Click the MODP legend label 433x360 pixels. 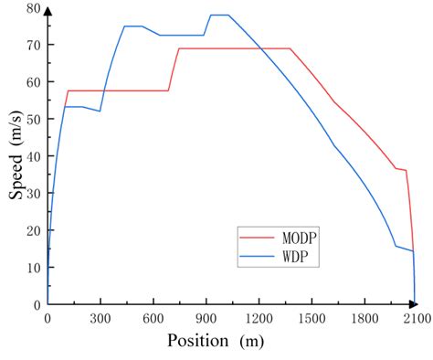coord(299,238)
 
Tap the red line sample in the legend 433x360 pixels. coord(258,238)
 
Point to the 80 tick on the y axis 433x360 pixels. coord(34,8)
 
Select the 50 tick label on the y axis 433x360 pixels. coord(34,119)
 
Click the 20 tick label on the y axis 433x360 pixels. coord(34,230)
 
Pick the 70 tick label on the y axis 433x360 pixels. coord(34,45)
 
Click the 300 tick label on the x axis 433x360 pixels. coord(100,319)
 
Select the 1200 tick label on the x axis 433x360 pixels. coord(259,319)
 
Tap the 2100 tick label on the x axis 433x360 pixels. coord(417,319)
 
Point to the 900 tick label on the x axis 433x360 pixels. coord(206,319)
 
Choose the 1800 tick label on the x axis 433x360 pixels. coord(364,319)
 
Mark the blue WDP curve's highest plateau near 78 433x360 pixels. coord(219,16)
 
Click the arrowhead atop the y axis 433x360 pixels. coord(48,11)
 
